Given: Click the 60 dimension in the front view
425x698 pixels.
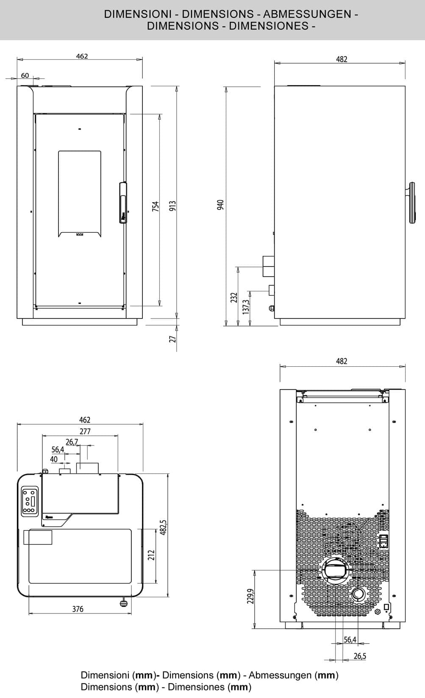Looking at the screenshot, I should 25,76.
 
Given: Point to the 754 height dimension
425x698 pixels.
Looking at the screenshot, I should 156,206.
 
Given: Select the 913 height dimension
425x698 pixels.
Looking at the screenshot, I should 172,206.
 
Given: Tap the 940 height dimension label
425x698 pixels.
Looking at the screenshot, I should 220,205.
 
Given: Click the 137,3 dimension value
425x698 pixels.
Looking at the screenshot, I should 246,304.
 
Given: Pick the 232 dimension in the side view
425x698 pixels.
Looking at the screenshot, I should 233,297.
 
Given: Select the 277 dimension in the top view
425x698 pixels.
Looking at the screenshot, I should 85,431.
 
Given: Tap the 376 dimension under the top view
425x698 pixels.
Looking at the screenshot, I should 78,609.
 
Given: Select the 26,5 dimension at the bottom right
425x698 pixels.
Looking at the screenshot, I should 360,656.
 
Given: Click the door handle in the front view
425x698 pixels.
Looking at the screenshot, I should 123,202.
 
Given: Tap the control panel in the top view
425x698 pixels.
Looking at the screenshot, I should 30,501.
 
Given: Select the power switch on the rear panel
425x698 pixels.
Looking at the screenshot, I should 384,541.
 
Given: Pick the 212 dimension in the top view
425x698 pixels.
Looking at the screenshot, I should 151,555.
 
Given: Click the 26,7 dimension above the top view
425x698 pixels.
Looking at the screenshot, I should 72,442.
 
